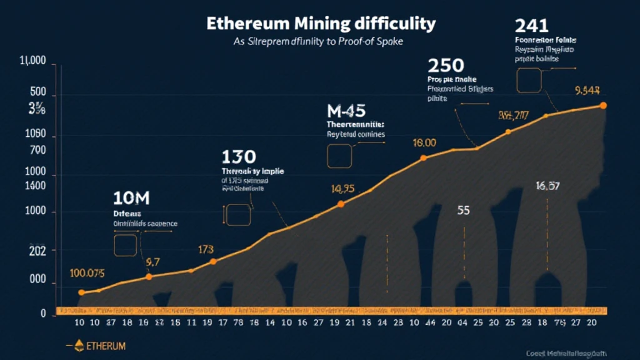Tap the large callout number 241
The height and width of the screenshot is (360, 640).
(x=532, y=26)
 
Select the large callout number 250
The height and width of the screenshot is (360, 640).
(x=446, y=65)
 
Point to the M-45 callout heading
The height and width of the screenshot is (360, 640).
(x=346, y=111)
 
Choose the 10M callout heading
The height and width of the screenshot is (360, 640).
(x=131, y=199)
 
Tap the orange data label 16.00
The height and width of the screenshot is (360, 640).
(x=424, y=143)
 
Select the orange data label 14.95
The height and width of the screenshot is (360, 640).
(x=342, y=189)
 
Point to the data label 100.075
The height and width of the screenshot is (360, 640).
(x=87, y=273)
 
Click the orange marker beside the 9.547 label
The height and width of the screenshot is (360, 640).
(x=603, y=106)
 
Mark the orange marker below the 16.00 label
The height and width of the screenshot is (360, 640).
(x=424, y=157)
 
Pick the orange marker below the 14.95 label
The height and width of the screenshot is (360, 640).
(x=341, y=204)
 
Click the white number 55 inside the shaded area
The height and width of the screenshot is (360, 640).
(x=463, y=211)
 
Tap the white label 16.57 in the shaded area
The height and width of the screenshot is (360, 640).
(x=547, y=186)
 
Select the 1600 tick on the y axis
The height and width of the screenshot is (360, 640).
(x=37, y=186)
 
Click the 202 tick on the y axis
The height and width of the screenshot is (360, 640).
(x=37, y=251)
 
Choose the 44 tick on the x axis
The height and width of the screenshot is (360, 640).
(x=429, y=324)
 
